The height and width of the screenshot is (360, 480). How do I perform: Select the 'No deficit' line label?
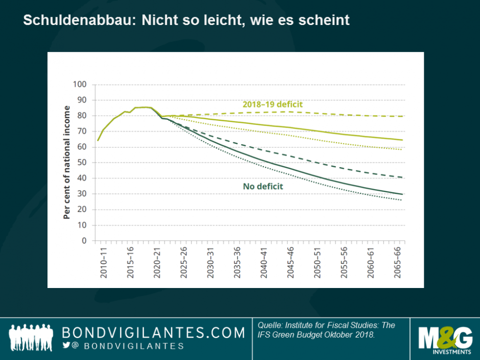[x=263, y=186]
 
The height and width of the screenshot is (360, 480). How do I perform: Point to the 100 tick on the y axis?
[x=80, y=84]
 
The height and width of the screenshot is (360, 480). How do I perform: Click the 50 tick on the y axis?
[x=82, y=162]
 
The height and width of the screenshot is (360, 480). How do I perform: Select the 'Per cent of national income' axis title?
[x=67, y=162]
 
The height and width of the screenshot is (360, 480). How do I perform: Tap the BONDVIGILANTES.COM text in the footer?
[x=153, y=333]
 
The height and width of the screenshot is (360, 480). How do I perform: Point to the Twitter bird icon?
[x=66, y=346]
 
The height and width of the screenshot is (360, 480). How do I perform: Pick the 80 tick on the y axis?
[x=82, y=115]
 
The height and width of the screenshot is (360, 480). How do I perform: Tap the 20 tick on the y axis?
[x=82, y=209]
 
